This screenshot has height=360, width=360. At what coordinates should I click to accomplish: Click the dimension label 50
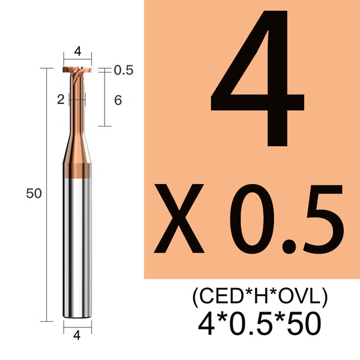[x=34, y=193]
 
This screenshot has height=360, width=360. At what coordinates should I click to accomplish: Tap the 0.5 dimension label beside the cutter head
[x=124, y=70]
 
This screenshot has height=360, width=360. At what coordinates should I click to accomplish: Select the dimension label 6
[x=118, y=100]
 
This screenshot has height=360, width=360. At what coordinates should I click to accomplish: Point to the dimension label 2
[x=61, y=100]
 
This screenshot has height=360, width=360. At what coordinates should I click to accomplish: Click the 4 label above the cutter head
[x=78, y=51]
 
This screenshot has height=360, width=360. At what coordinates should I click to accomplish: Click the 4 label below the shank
[x=77, y=335]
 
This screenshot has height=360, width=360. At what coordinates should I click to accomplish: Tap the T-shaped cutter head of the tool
[x=77, y=70]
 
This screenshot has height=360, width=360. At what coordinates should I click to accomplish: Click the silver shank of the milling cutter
[x=78, y=248]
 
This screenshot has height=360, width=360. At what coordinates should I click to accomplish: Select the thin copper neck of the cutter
[x=77, y=103]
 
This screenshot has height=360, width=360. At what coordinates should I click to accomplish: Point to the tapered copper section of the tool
[x=77, y=148]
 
